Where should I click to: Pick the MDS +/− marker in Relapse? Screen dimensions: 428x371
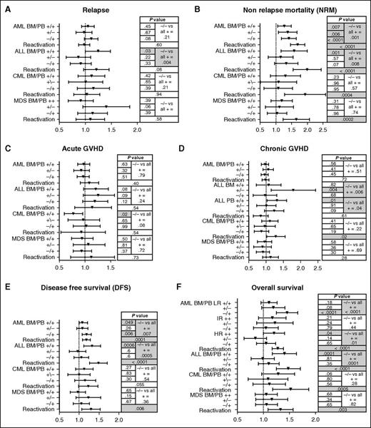tap(106, 106)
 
